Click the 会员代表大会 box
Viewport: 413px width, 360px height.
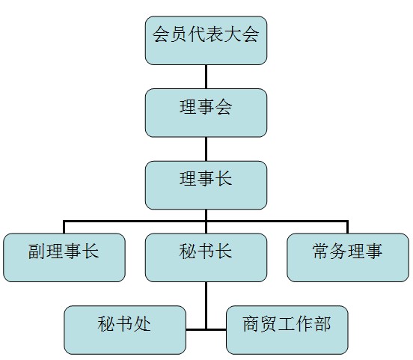pos(206,40)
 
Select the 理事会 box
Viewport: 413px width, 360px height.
pos(206,113)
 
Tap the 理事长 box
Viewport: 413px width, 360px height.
pos(206,186)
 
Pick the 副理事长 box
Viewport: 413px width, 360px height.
pos(64,257)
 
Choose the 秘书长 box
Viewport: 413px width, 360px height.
pos(206,257)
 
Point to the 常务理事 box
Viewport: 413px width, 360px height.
pos(348,257)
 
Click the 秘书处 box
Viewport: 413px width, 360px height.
pos(125,330)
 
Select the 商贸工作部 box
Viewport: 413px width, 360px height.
pos(287,330)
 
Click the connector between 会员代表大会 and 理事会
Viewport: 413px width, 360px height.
pos(206,76)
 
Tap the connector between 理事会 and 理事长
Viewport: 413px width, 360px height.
pos(206,149)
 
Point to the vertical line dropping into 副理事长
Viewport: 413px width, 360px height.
pos(64,227)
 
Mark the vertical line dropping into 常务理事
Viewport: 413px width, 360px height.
pos(348,227)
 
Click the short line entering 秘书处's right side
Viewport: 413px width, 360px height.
pos(195,329)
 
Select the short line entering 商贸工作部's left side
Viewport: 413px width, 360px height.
pos(216,329)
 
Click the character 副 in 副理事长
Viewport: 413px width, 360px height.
pos(37,251)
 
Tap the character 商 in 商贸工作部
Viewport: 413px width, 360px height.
pos(251,323)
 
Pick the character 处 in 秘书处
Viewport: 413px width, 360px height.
pos(142,323)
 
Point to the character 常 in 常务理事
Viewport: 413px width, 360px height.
pos(321,251)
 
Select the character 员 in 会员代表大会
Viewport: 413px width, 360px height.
pos(179,34)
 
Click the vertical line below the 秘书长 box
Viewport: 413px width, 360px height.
pos(206,305)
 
